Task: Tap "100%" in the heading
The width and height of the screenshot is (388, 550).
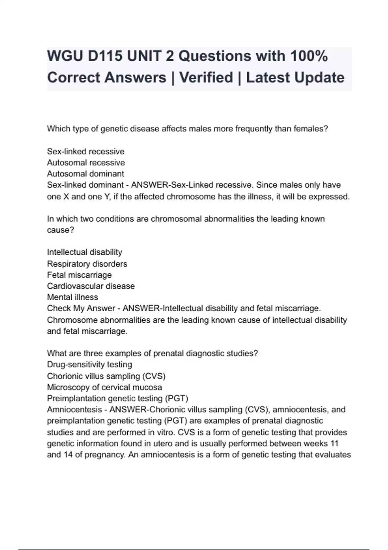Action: point(309,56)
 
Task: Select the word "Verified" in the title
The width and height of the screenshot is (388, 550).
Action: point(206,78)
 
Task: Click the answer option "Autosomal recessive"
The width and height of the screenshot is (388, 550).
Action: point(86,162)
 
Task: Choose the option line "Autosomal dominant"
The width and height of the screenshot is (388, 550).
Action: point(85,174)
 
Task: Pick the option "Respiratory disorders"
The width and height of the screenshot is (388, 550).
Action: point(87,264)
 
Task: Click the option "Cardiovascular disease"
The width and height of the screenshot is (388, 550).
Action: point(91,286)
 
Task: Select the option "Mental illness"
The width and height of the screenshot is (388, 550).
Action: point(72,297)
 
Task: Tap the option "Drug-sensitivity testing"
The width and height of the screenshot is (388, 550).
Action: point(89,365)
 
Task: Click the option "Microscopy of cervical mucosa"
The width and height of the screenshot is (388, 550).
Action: point(104,387)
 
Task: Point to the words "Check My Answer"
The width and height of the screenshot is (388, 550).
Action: point(81,308)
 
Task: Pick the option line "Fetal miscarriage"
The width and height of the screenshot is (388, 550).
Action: point(79,275)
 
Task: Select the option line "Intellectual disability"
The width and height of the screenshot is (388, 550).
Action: point(84,252)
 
